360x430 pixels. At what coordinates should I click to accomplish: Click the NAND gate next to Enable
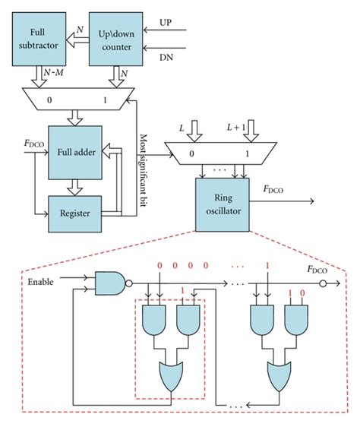coord(110,283)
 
